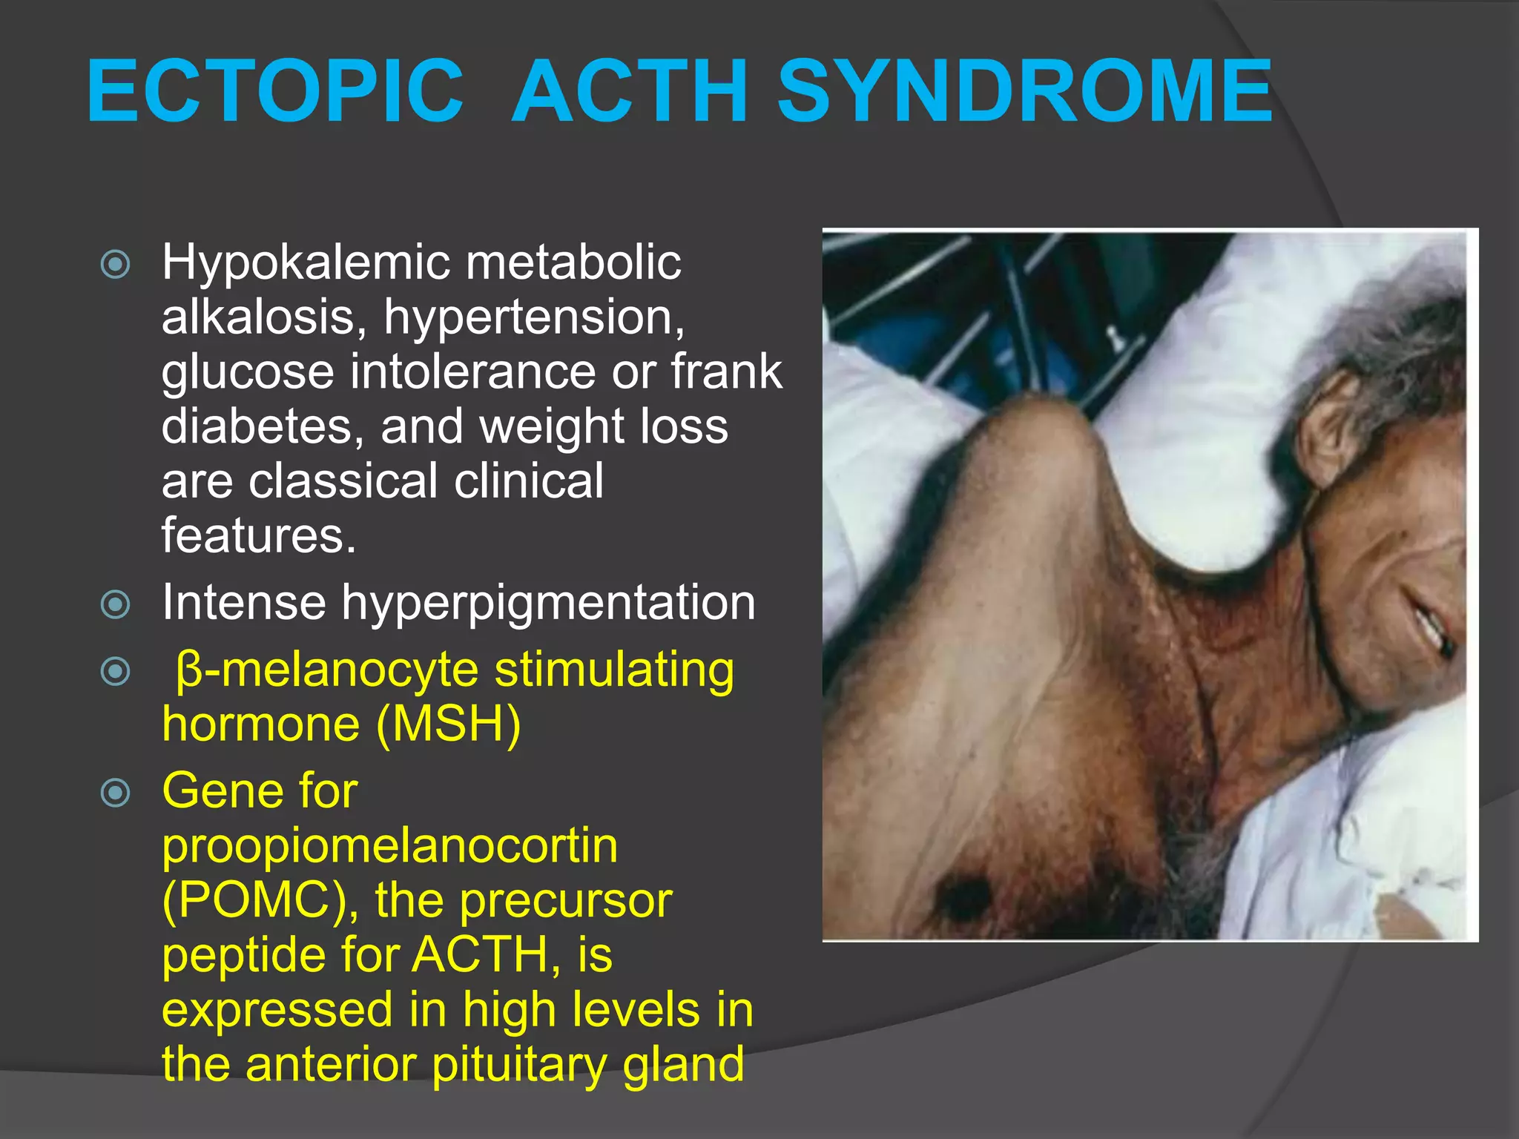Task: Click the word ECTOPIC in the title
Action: coord(274,92)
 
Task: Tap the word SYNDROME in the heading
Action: coord(1025,92)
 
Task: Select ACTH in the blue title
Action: coord(630,92)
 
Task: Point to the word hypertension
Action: coord(534,317)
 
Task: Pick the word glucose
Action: coord(248,372)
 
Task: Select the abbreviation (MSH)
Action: coord(449,724)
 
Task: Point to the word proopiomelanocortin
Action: coord(389,845)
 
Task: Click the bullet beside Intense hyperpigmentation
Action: coord(115,604)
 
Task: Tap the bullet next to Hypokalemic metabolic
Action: coord(115,265)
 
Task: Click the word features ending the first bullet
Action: coord(258,535)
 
